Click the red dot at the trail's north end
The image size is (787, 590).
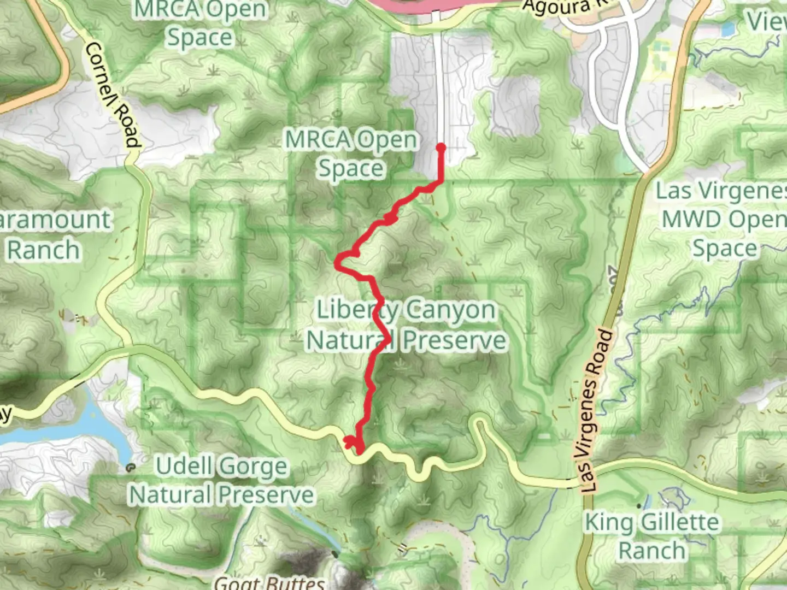pyautogui.click(x=441, y=147)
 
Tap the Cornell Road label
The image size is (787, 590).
pyautogui.click(x=111, y=94)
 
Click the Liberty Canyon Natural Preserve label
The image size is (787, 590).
pyautogui.click(x=407, y=325)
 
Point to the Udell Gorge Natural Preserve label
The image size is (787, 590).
pyautogui.click(x=221, y=481)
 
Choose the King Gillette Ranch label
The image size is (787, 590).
pyautogui.click(x=651, y=536)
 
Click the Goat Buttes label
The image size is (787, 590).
pyautogui.click(x=270, y=582)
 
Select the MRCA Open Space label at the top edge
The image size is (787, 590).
pyautogui.click(x=201, y=23)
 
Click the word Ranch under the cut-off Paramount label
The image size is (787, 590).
pyautogui.click(x=44, y=250)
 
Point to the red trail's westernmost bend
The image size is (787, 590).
pyautogui.click(x=338, y=264)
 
